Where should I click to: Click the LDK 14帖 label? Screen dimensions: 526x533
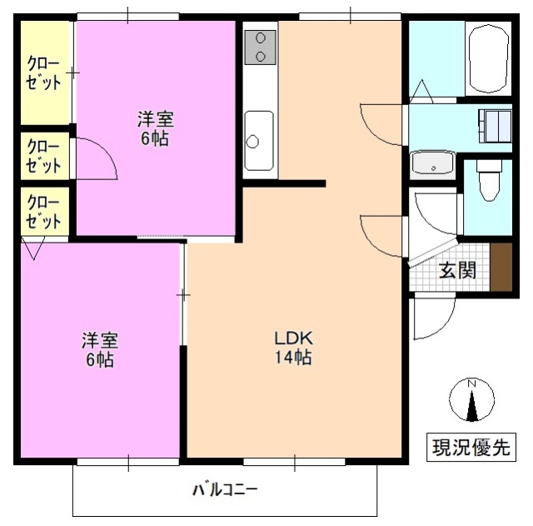(293, 348)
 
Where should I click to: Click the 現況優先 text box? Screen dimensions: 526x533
(470, 447)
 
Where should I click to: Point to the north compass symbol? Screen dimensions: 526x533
(471, 401)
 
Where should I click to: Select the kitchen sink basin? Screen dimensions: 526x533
(259, 139)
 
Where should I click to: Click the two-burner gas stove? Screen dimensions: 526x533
(261, 46)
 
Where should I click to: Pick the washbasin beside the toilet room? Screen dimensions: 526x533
(433, 163)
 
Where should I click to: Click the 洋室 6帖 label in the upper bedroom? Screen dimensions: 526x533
(153, 128)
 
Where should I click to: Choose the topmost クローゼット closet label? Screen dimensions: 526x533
(43, 73)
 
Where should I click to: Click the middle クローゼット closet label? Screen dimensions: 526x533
(43, 156)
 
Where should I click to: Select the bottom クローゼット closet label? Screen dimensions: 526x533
(43, 212)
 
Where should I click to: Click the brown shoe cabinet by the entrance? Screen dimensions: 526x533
(501, 266)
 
